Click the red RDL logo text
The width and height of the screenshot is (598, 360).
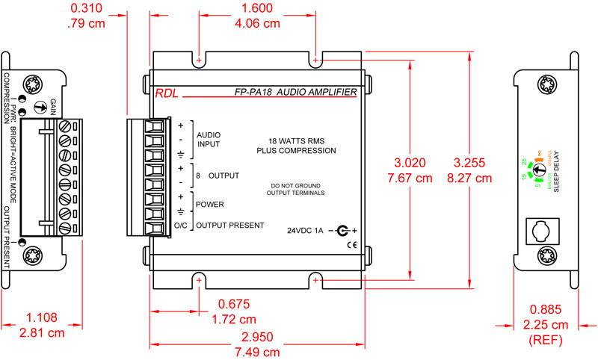pyautogui.click(x=166, y=93)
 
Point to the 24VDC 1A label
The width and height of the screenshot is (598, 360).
pyautogui.click(x=306, y=230)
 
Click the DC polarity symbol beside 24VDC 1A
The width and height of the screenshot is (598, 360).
pyautogui.click(x=344, y=230)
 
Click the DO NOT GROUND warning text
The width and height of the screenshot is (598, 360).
pyautogui.click(x=295, y=184)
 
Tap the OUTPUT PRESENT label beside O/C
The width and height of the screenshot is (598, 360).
pyautogui.click(x=229, y=225)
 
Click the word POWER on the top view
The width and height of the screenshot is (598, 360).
pyautogui.click(x=209, y=204)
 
